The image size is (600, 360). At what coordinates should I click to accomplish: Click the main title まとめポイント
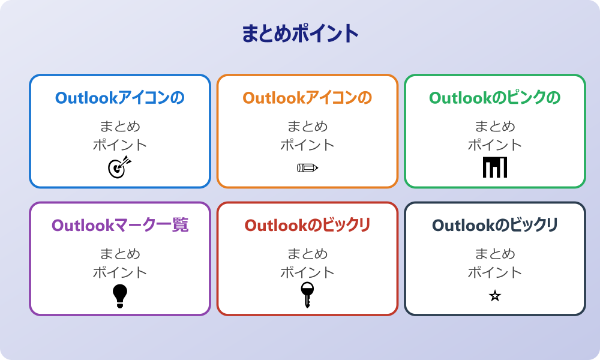point(300,34)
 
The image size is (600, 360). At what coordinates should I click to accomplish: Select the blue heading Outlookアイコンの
point(119,98)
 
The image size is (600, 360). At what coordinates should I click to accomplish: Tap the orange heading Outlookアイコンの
point(307,98)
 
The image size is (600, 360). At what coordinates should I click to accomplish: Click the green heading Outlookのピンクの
point(495,98)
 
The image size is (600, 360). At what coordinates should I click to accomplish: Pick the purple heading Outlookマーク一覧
point(119,225)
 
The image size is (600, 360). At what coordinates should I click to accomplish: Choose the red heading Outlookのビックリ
point(307,225)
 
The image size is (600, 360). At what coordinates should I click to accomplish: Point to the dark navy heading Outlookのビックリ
point(495,225)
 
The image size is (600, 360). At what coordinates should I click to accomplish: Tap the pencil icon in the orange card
point(307,167)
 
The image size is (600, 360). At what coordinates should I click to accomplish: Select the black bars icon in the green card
point(495,167)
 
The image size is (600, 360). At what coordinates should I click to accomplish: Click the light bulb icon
point(120,295)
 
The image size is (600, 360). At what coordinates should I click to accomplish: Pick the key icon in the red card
point(307,295)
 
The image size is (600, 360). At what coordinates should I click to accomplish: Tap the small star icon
point(495,296)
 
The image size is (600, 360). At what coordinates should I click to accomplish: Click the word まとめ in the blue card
point(119,127)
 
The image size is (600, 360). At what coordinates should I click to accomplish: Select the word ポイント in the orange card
point(307,145)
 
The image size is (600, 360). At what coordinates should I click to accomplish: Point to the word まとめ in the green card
point(495,127)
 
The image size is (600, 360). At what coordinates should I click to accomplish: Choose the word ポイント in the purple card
point(119,272)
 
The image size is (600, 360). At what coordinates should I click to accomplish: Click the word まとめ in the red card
point(307,254)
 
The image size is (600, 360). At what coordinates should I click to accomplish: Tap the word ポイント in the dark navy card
point(495,272)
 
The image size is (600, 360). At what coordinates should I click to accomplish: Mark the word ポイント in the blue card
point(119,145)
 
